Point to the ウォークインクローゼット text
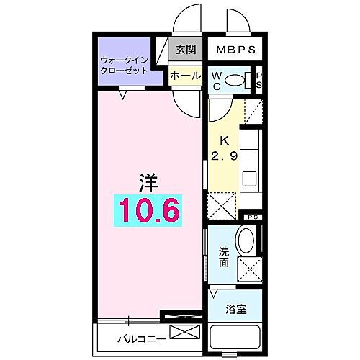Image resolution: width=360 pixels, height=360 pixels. click(x=125, y=66)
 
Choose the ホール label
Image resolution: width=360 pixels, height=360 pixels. click(x=185, y=74)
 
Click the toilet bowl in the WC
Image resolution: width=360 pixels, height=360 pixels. click(x=235, y=80)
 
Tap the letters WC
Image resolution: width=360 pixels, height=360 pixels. click(x=216, y=80)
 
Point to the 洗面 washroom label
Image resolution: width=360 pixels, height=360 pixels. click(x=223, y=258)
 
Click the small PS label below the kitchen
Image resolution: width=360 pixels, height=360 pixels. click(x=251, y=217)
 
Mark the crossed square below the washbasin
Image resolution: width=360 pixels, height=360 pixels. click(x=248, y=268)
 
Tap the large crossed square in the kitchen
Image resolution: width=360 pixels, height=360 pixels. click(x=220, y=204)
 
